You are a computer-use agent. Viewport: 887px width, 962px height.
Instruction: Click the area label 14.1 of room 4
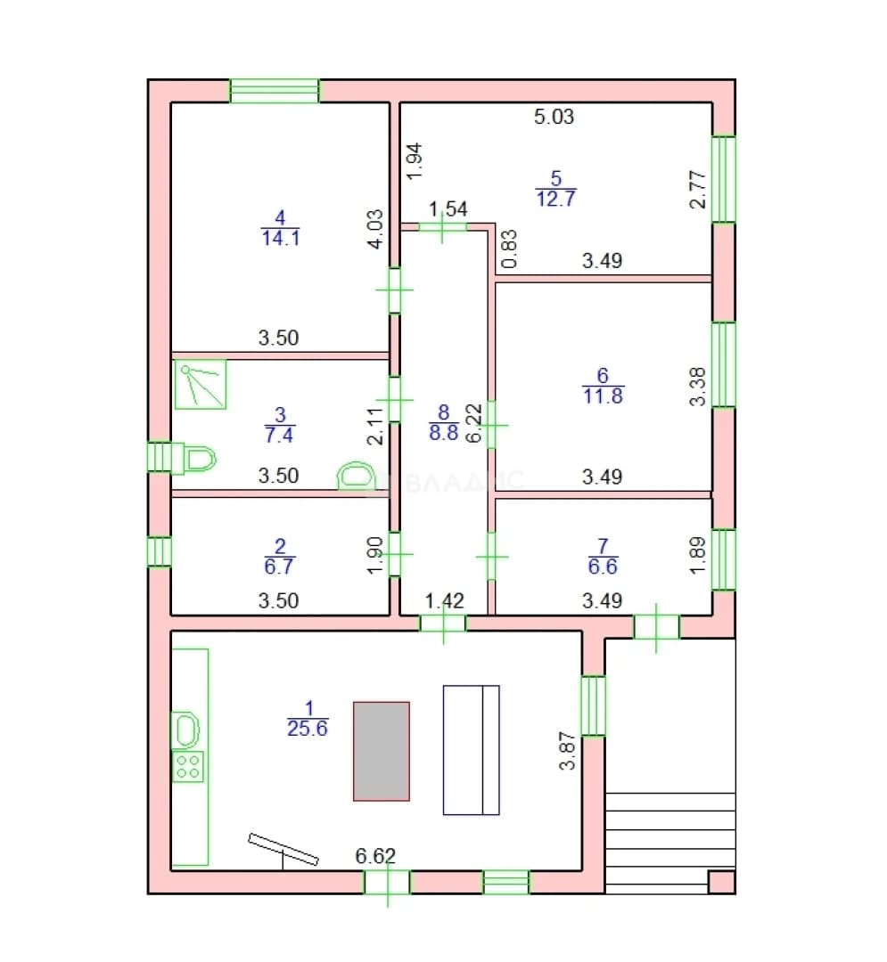click(x=281, y=238)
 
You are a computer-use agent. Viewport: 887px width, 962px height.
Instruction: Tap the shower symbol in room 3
click(x=201, y=384)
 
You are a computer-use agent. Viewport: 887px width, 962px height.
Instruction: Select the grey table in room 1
click(x=382, y=751)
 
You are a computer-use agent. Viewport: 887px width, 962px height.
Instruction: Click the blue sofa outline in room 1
click(x=472, y=750)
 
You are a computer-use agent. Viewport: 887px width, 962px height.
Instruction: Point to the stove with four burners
click(x=188, y=766)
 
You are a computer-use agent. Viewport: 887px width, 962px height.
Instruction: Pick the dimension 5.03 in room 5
click(x=554, y=117)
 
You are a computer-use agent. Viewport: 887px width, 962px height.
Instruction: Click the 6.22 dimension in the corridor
click(x=474, y=423)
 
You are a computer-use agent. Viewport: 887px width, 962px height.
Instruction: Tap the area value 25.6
click(x=308, y=729)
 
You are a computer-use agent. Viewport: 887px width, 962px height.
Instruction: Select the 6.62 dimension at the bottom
click(x=375, y=856)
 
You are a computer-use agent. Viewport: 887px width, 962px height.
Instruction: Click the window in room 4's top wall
click(x=275, y=91)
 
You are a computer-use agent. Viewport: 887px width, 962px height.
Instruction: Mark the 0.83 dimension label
click(x=509, y=249)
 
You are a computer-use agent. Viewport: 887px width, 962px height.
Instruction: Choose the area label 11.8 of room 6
click(x=603, y=395)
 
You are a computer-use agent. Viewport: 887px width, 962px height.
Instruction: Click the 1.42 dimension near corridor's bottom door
click(x=445, y=600)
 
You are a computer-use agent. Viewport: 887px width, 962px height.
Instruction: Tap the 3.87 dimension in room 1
click(x=567, y=750)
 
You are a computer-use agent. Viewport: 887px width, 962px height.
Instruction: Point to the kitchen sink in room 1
click(x=186, y=730)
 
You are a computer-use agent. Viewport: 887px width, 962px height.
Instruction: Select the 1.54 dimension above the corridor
click(x=448, y=209)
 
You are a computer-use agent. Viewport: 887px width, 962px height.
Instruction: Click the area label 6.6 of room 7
click(x=603, y=567)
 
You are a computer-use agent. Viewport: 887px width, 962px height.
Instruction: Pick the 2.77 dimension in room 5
click(x=698, y=190)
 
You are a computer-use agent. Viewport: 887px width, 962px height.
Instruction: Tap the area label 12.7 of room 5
click(x=556, y=199)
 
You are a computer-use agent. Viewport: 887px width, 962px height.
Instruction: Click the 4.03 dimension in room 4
click(x=375, y=229)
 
